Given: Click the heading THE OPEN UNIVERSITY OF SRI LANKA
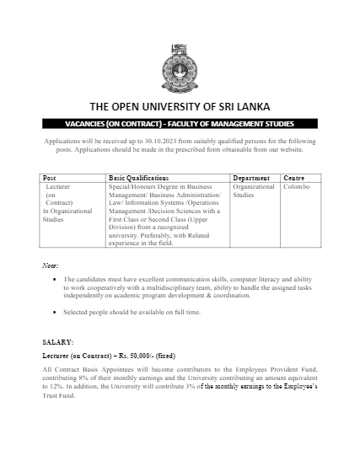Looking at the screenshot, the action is point(180,107).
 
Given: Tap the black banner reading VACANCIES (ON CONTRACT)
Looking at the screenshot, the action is point(180,123).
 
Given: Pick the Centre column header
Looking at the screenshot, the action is point(294,179).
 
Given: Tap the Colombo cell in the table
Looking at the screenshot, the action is point(297,186).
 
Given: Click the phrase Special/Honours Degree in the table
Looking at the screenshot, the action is point(145,186).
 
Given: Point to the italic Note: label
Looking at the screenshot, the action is point(50,265).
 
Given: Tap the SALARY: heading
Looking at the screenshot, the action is point(58,342).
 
